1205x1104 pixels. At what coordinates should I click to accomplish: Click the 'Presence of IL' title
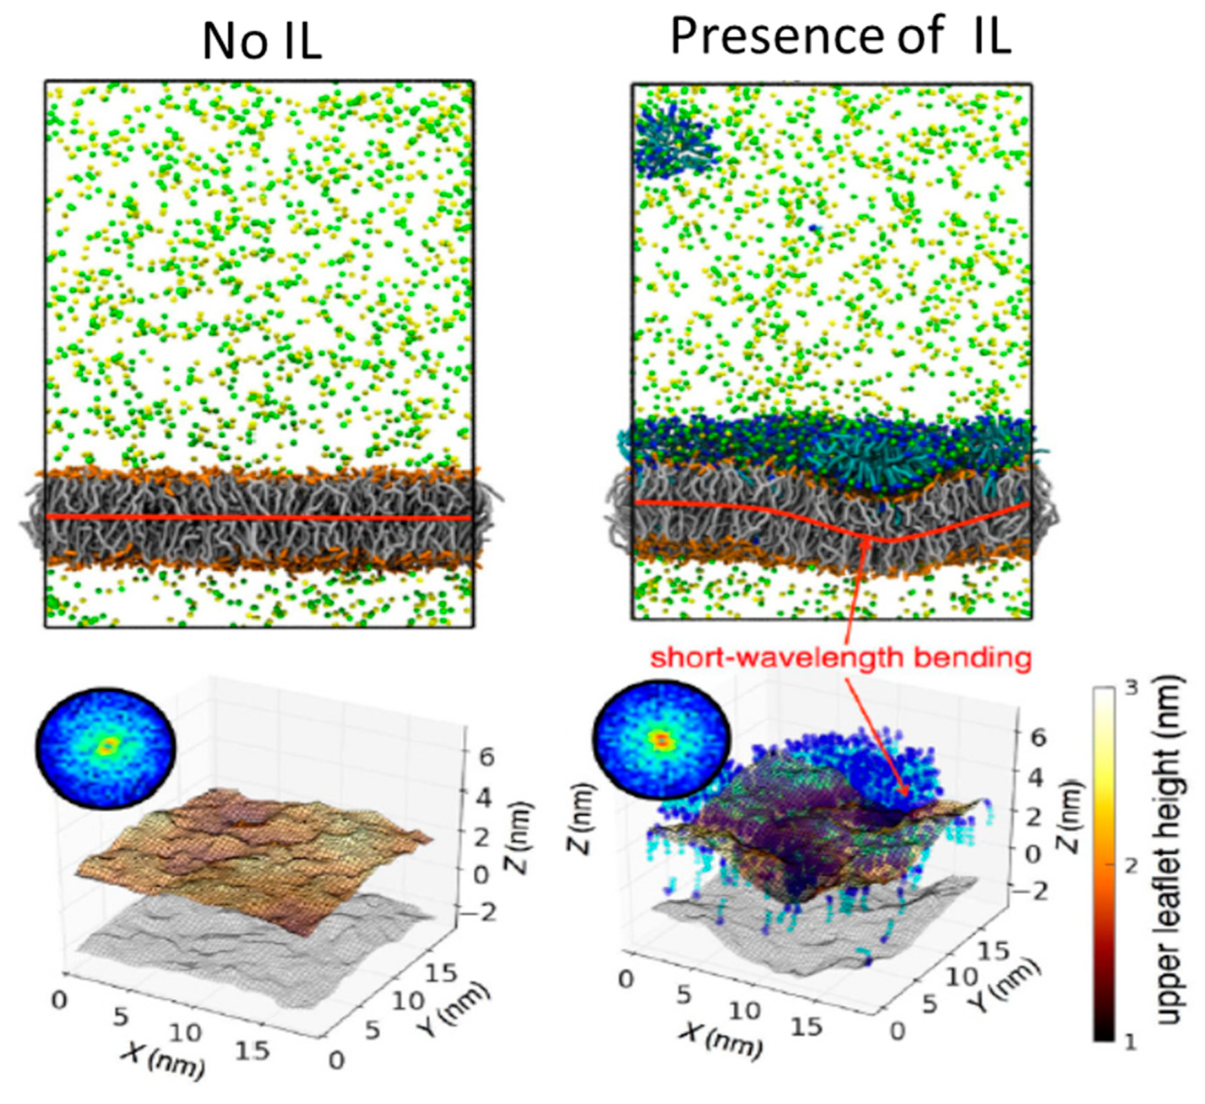tap(840, 36)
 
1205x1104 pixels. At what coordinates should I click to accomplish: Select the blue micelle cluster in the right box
tap(674, 139)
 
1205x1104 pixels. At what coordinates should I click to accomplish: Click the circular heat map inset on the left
tap(105, 747)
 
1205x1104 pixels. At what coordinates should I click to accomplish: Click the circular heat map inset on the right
tap(661, 738)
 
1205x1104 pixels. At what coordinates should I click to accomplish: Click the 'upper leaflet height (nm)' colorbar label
tap(1170, 849)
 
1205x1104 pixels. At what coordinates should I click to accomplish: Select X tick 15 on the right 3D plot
tap(806, 1025)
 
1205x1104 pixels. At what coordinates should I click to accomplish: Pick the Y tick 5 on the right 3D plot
tap(929, 1003)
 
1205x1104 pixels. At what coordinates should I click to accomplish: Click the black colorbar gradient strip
tap(1104, 862)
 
